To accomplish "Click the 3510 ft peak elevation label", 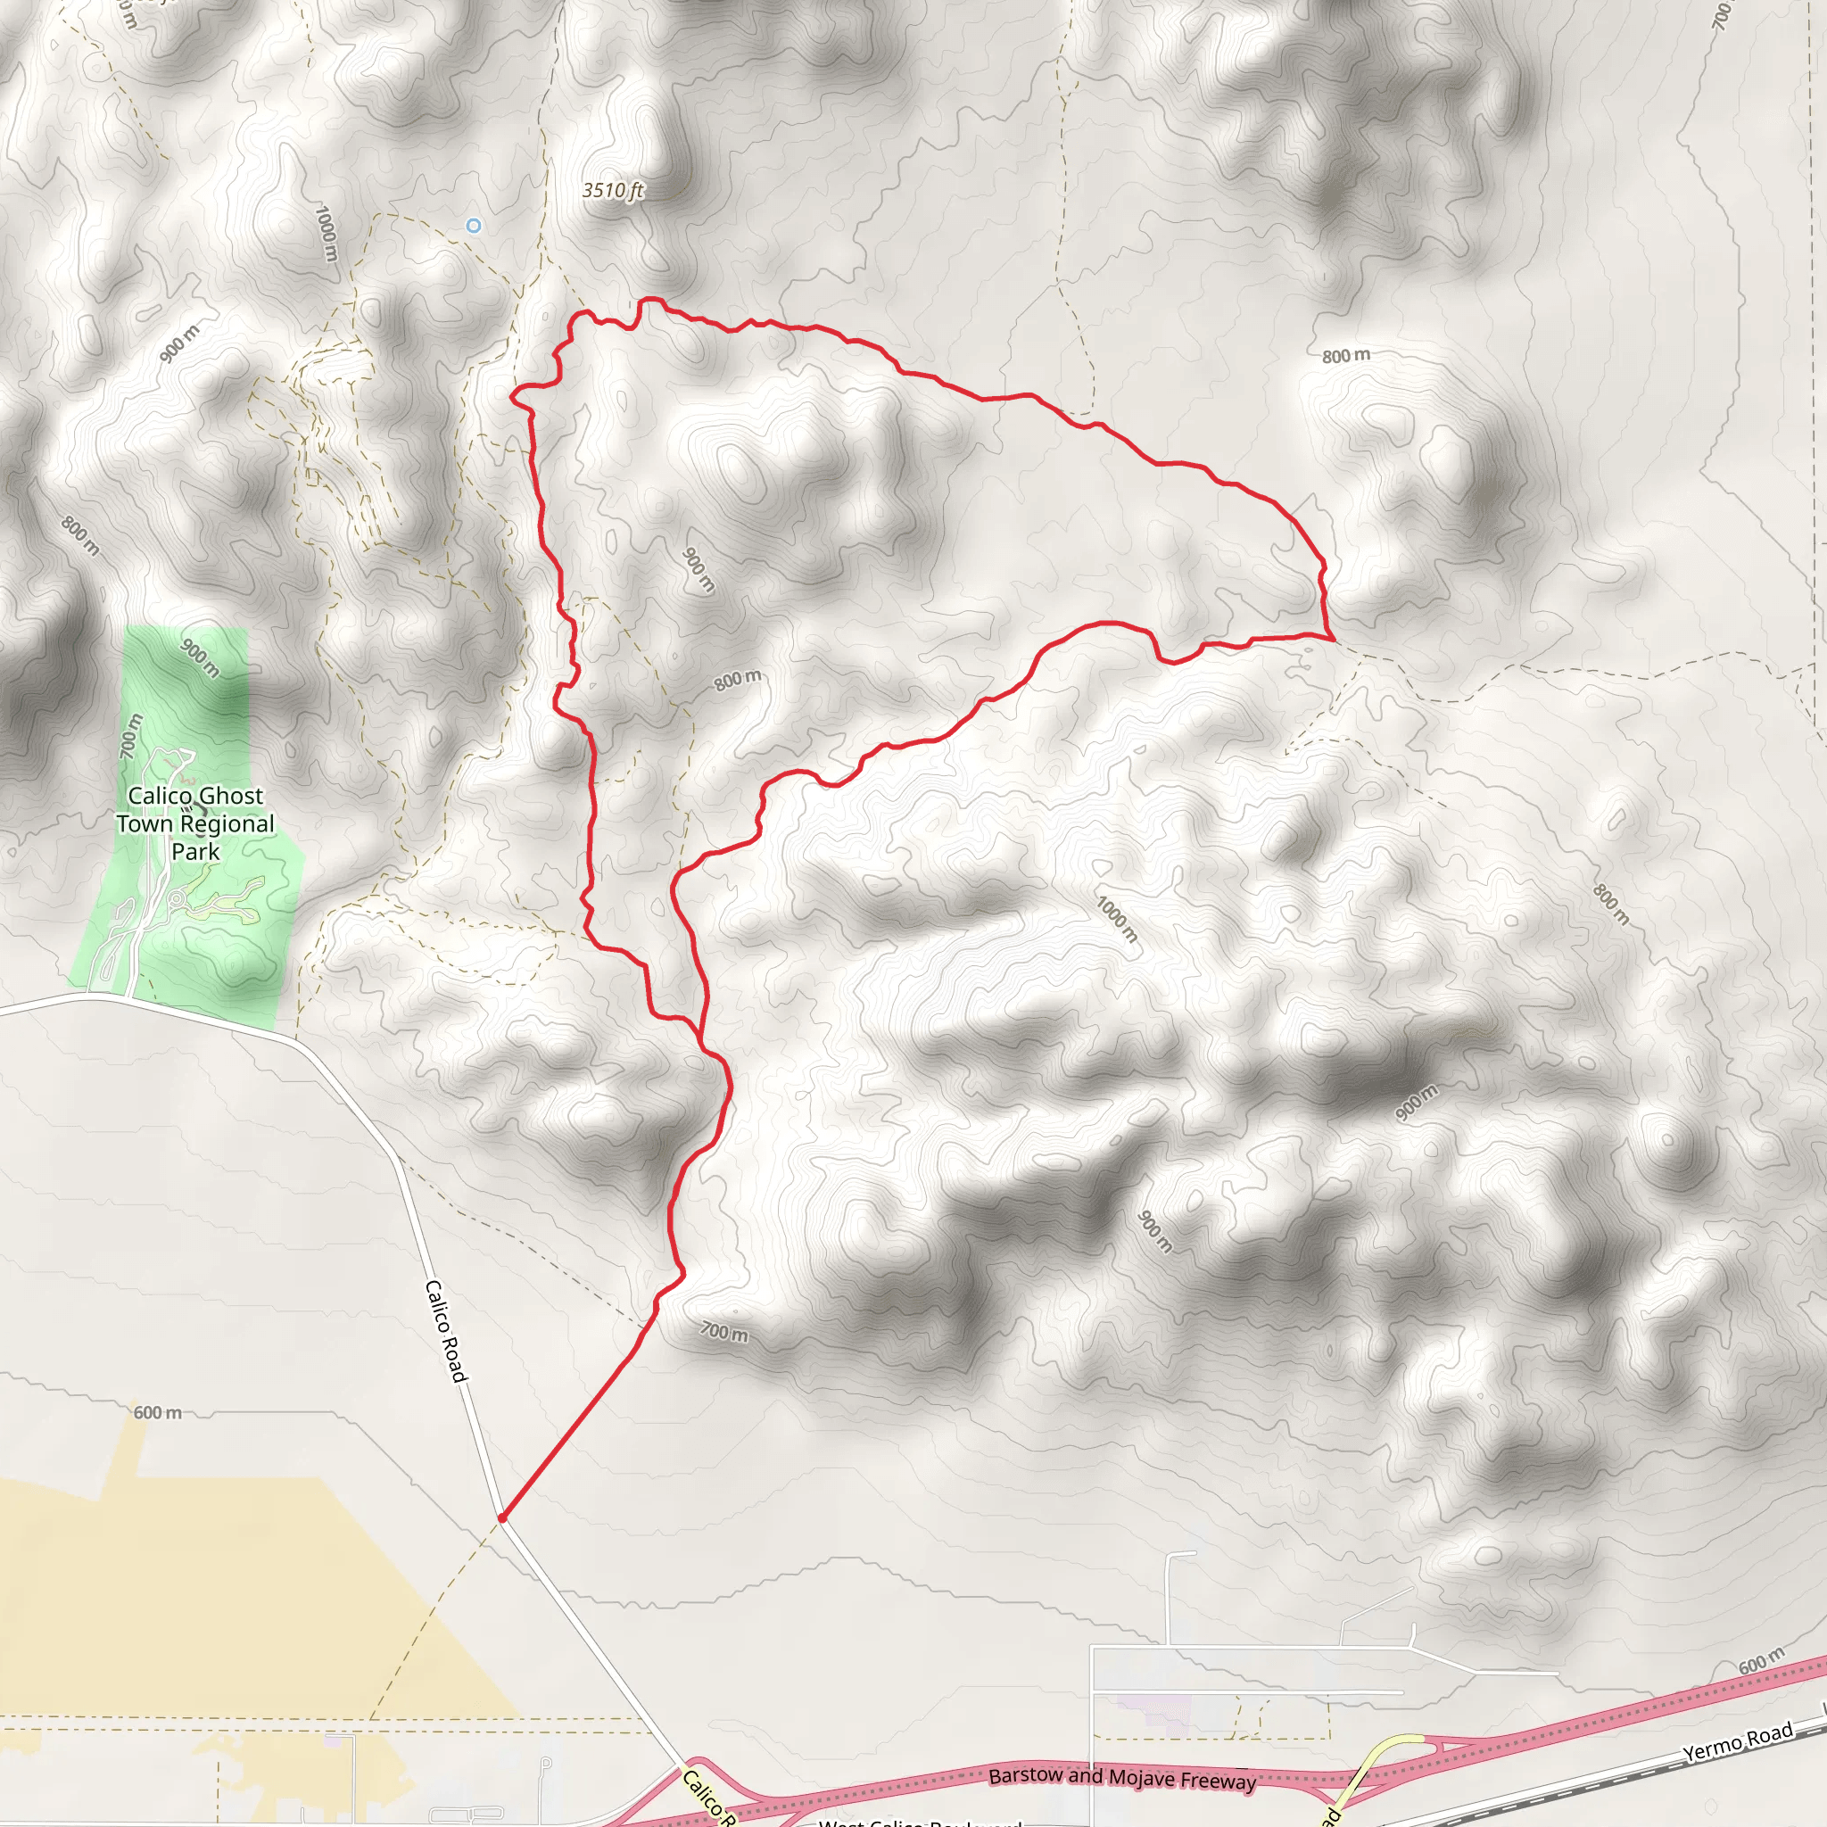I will (x=613, y=191).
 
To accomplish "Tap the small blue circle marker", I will (x=474, y=225).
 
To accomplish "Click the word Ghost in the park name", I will (x=227, y=797).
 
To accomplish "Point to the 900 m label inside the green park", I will (x=201, y=657).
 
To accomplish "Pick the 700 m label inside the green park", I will (x=131, y=736).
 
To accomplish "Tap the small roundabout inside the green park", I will (x=176, y=898).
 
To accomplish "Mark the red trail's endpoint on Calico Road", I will (x=502, y=1518).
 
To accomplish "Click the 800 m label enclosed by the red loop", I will (x=737, y=680).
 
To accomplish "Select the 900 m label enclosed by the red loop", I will (x=698, y=570).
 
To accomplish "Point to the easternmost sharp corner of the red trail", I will (x=1334, y=640).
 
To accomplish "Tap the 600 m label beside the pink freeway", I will (x=1761, y=1660).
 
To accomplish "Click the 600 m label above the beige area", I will (x=157, y=1413).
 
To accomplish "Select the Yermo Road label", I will (x=1738, y=1742).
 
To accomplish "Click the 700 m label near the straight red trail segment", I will (x=724, y=1333).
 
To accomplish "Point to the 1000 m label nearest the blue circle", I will (x=327, y=234).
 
